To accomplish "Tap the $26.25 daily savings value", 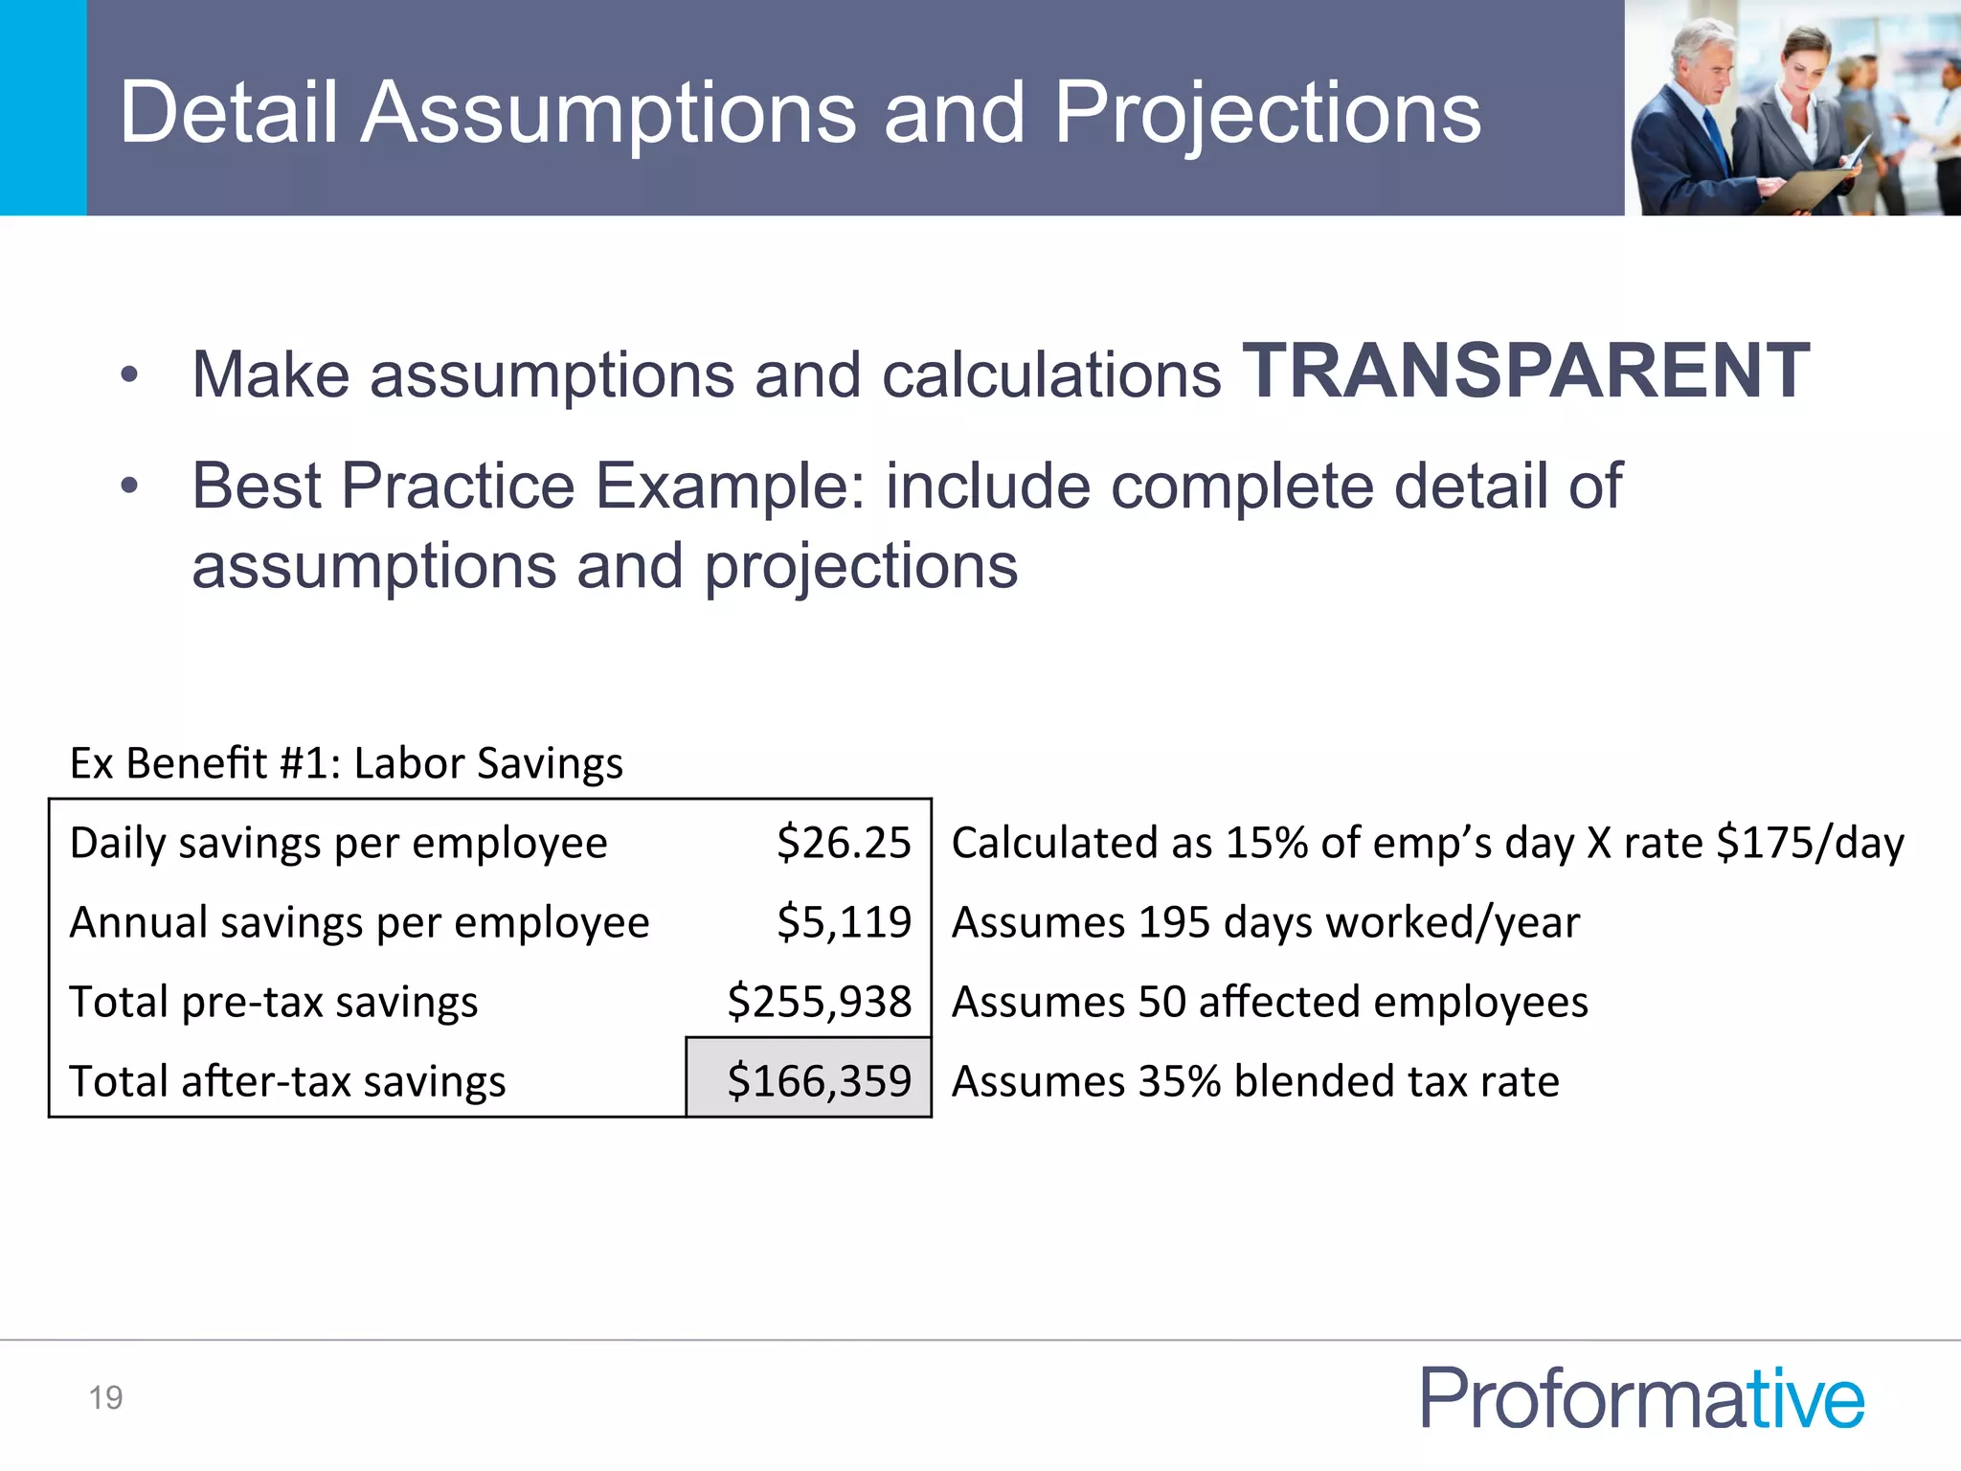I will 844,843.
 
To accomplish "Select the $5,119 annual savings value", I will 844,922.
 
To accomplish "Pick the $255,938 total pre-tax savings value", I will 819,1002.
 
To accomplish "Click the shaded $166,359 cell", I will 810,1079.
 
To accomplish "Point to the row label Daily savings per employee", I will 338,843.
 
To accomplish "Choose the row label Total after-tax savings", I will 287,1081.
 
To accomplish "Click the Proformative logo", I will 1641,1397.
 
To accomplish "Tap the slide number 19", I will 105,1397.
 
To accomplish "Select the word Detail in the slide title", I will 228,112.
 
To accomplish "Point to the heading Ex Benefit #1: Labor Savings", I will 346,763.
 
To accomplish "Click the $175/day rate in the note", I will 1810,843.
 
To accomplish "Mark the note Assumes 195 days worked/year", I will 1265,922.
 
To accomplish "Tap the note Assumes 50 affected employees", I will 1270,1002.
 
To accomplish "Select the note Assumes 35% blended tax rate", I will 1255,1081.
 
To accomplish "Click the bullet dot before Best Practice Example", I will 129,486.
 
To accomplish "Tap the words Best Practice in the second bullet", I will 383,486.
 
